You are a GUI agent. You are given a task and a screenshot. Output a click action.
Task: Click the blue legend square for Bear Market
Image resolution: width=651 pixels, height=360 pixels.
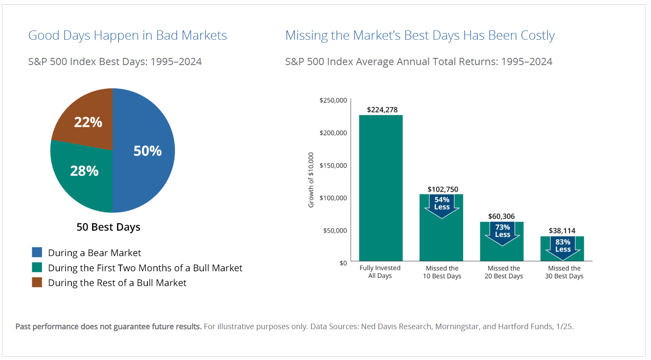point(37,252)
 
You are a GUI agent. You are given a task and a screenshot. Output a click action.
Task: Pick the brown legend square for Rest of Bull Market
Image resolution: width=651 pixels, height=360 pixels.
point(37,282)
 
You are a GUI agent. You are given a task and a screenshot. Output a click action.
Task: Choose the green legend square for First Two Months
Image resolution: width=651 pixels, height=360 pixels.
point(37,267)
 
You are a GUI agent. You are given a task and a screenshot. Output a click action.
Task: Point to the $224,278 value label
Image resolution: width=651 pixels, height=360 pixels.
point(382,110)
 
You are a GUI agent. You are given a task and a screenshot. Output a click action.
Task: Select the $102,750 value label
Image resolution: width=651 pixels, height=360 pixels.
point(443,189)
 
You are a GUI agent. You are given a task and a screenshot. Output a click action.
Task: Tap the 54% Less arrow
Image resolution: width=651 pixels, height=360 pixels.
point(442,205)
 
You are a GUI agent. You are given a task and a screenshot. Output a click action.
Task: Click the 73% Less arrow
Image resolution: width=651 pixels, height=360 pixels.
point(502,232)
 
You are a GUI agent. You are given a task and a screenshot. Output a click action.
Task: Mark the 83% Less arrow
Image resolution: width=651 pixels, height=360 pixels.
point(563,247)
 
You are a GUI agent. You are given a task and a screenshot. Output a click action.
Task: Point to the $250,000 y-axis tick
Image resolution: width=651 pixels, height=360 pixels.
point(333,100)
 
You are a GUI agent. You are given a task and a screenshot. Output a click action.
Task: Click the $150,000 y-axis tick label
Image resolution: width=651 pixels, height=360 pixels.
point(333,165)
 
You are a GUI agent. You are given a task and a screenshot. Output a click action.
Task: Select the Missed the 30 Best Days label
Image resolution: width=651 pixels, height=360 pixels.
point(564,272)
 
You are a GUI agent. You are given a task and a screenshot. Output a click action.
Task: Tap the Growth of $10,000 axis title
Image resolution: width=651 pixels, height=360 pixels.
point(311,180)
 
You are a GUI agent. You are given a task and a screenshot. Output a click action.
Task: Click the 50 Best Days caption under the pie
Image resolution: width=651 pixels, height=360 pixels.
point(108,227)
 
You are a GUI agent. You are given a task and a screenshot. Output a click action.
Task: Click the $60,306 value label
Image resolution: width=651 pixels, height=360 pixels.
point(501,216)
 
